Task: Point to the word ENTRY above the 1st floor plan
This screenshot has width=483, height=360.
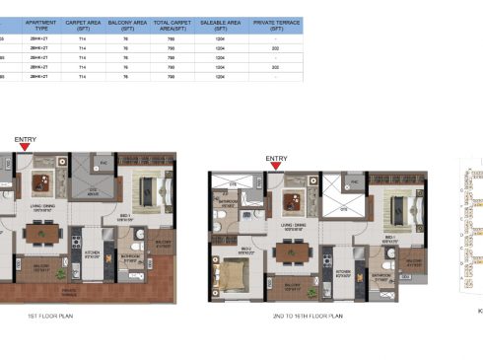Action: pyautogui.click(x=25, y=140)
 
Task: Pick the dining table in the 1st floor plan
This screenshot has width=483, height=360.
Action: pyautogui.click(x=41, y=234)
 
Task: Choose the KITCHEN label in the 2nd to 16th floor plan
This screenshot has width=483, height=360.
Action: pyautogui.click(x=342, y=271)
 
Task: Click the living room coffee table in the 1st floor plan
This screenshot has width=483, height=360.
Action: pyautogui.click(x=41, y=182)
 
